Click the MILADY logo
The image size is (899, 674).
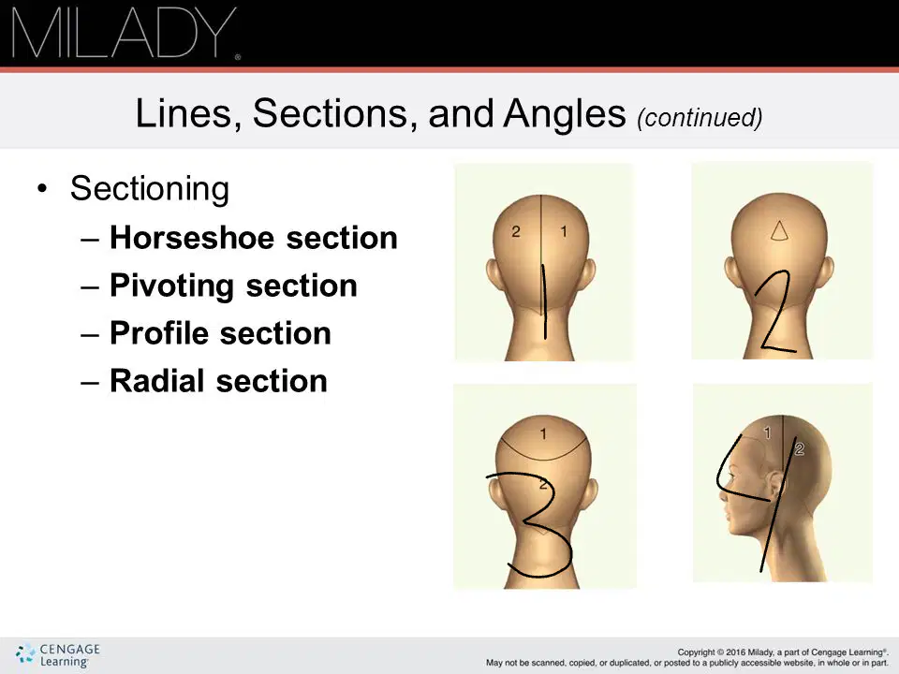pos(125,34)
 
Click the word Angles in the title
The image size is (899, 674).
pos(564,113)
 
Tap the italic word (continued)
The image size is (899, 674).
pos(700,118)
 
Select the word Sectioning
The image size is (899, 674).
pos(150,189)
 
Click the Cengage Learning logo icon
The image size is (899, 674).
pos(25,654)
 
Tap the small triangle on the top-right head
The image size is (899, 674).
pos(778,230)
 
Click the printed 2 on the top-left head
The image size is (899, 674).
pos(515,231)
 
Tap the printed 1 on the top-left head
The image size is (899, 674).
pos(564,231)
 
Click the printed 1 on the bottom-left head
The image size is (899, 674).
pos(543,433)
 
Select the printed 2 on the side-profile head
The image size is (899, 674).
pos(800,449)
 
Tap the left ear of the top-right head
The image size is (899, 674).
pos(730,272)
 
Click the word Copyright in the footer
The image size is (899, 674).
pos(695,652)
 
